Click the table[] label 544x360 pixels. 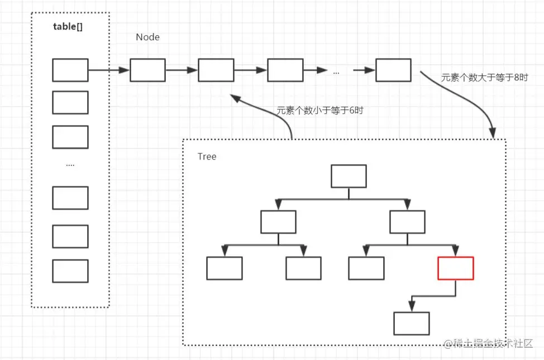pos(68,26)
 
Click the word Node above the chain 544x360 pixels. pos(147,37)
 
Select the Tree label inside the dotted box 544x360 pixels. pos(207,156)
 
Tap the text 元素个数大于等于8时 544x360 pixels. pos(484,78)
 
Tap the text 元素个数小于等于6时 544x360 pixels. pos(319,111)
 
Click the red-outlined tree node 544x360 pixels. pos(456,268)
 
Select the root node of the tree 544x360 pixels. pos(349,176)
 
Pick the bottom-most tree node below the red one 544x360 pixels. pos(412,323)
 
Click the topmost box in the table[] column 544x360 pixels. pos(70,70)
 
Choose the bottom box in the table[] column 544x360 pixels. pos(70,271)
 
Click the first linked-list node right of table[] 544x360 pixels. pos(147,70)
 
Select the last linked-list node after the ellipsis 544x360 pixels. pos(393,70)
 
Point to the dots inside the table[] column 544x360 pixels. pos(70,165)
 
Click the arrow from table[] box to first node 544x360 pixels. pos(109,70)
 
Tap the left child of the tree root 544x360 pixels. pos(278,222)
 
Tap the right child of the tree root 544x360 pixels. pos(407,222)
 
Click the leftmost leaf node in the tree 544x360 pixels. pos(225,268)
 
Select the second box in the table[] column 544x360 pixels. pos(70,102)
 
